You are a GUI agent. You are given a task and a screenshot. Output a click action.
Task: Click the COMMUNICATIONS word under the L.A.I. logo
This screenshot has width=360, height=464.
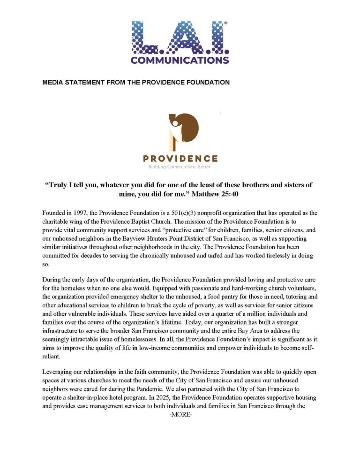pos(180,60)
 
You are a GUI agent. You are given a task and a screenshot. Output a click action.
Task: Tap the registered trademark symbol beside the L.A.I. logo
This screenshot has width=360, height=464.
pos(226,23)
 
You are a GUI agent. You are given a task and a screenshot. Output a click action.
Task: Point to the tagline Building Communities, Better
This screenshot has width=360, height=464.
pos(180,167)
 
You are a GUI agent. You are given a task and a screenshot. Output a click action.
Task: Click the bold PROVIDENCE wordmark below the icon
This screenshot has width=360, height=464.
pos(180,158)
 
